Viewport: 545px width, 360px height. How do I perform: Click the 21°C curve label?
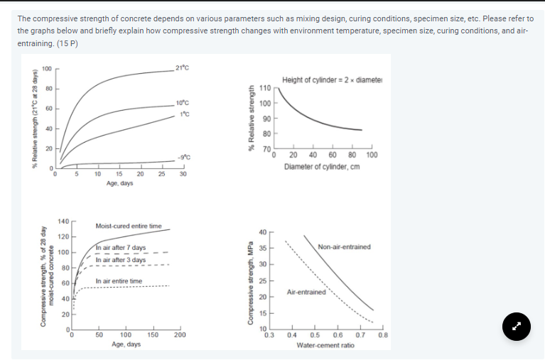click(180, 67)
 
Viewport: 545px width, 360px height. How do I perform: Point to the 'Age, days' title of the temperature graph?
click(119, 183)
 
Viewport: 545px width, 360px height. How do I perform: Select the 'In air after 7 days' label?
click(121, 248)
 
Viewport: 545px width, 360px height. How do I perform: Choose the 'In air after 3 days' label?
click(121, 260)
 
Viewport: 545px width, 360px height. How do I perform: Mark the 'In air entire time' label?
click(119, 281)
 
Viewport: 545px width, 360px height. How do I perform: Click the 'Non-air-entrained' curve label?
click(344, 247)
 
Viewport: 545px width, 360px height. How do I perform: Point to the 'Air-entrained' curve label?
click(306, 292)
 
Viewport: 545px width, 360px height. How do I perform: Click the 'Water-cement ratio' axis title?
click(325, 345)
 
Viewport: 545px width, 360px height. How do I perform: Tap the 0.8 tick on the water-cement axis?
click(383, 334)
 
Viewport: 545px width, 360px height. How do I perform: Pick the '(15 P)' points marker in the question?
click(67, 43)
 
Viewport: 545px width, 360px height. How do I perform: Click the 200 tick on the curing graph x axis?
click(180, 334)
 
